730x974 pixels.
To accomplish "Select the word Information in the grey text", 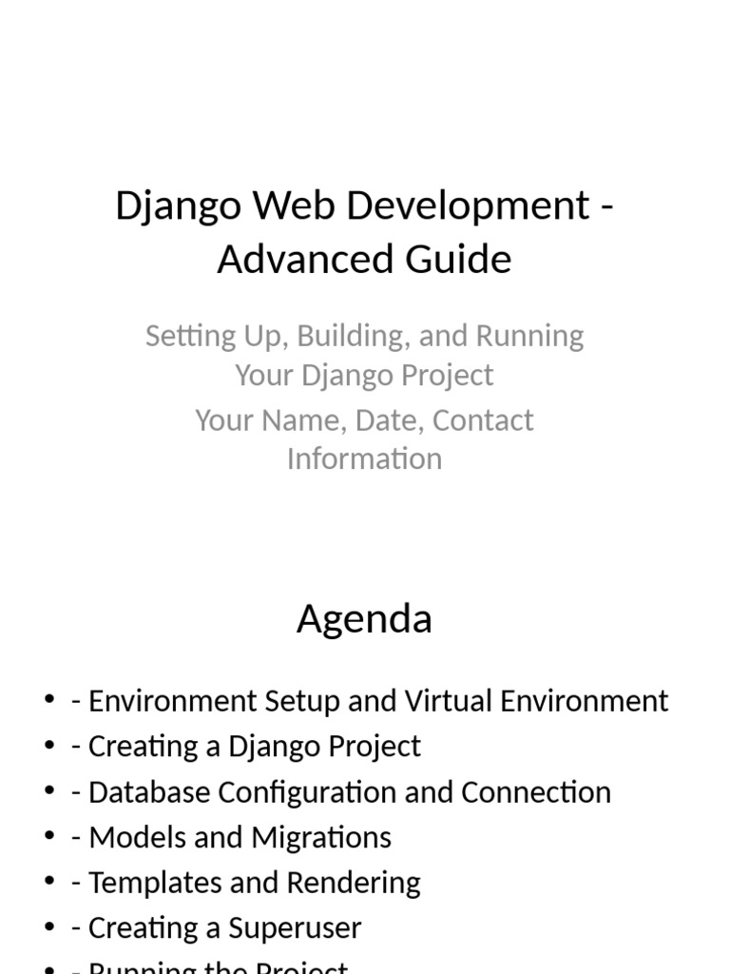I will click(364, 458).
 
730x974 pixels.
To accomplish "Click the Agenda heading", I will click(364, 619).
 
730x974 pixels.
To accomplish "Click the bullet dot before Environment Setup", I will click(49, 700).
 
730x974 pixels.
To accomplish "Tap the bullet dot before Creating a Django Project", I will click(49, 746).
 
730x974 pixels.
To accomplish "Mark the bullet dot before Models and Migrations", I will click(49, 837).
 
